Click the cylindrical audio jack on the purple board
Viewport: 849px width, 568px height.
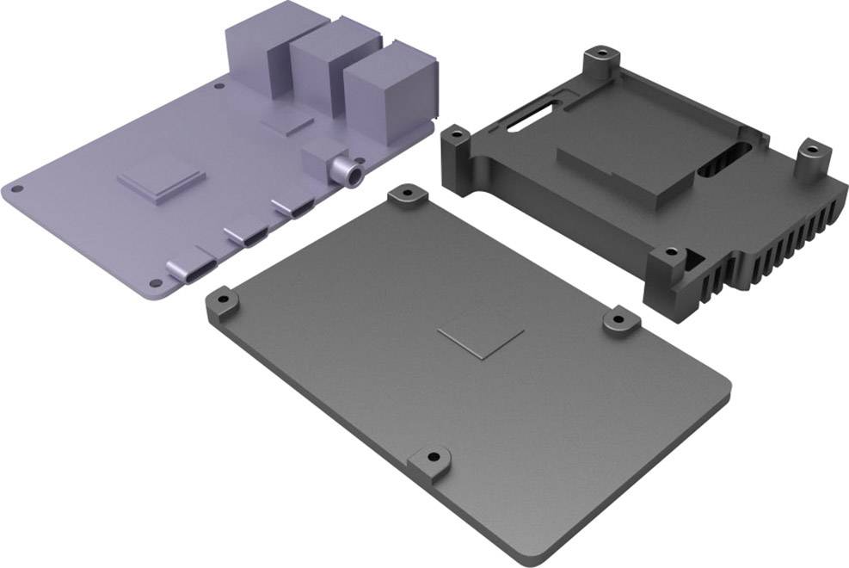point(348,170)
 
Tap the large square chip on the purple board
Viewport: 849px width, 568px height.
point(161,179)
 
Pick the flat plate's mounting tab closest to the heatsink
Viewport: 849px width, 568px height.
point(619,319)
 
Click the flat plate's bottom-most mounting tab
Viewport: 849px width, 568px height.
point(431,461)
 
